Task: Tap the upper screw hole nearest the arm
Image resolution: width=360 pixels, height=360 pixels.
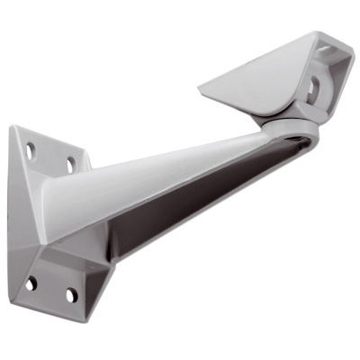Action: click(x=69, y=166)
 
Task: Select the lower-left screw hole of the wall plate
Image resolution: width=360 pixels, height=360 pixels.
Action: click(x=32, y=283)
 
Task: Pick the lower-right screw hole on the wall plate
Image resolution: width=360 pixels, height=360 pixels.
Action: click(x=71, y=295)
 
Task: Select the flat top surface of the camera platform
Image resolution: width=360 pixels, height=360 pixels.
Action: click(x=261, y=76)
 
